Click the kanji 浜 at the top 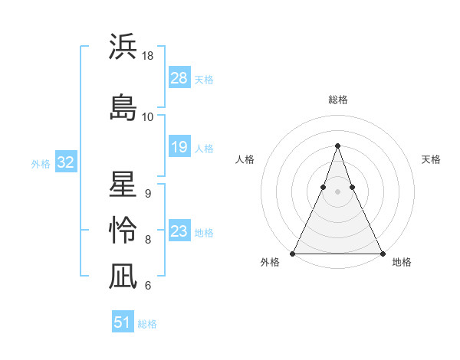[123, 47]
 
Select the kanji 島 [123, 106]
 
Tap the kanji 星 [123, 186]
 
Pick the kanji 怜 [123, 230]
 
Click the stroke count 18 [148, 56]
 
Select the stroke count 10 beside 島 [148, 116]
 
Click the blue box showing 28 [179, 77]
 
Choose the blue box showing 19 [179, 147]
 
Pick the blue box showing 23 [179, 231]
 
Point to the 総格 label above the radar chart [337, 100]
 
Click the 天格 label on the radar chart [431, 159]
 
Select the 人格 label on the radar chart [245, 159]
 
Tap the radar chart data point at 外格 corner [293, 253]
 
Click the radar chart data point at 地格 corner [382, 253]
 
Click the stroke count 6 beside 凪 [147, 286]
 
